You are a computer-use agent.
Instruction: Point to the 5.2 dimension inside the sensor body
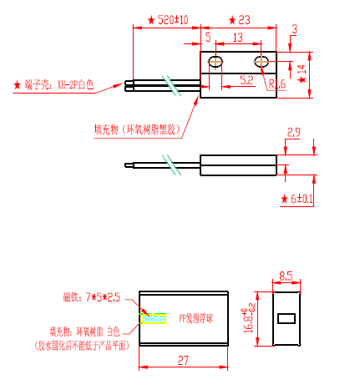[x=246, y=80]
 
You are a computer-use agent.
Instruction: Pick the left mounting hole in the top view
[x=215, y=63]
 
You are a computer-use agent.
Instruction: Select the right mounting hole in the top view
[x=261, y=62]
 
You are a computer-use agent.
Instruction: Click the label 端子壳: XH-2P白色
[x=58, y=85]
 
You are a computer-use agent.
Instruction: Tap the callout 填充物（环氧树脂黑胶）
[x=137, y=129]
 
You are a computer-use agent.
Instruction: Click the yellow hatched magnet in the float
[x=154, y=319]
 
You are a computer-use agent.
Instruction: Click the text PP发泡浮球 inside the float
[x=195, y=319]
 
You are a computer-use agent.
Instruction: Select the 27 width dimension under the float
[x=184, y=359]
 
